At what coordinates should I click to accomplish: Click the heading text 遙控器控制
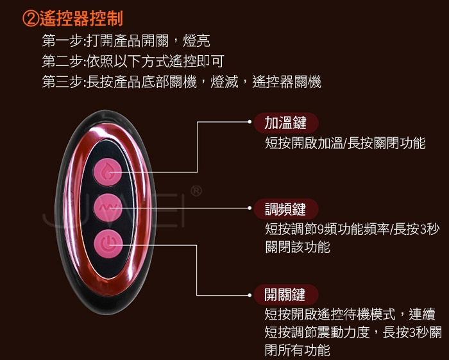click(x=80, y=18)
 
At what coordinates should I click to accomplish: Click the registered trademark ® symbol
click(x=197, y=191)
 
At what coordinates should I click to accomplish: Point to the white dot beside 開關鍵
click(x=250, y=295)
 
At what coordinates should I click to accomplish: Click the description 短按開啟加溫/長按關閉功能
click(x=344, y=143)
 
